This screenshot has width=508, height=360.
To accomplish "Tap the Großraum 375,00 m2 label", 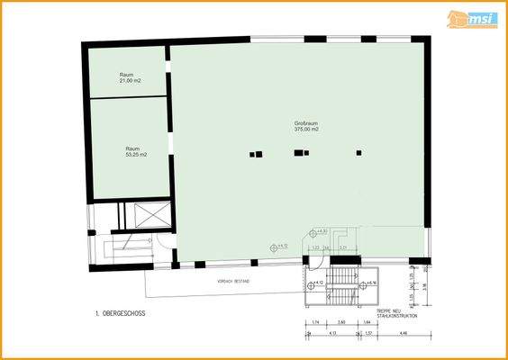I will [306, 126].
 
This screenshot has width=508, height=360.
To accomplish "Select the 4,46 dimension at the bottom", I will [403, 334].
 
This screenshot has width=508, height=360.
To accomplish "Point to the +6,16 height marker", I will [369, 283].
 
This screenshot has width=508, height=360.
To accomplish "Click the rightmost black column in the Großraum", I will [358, 153].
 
